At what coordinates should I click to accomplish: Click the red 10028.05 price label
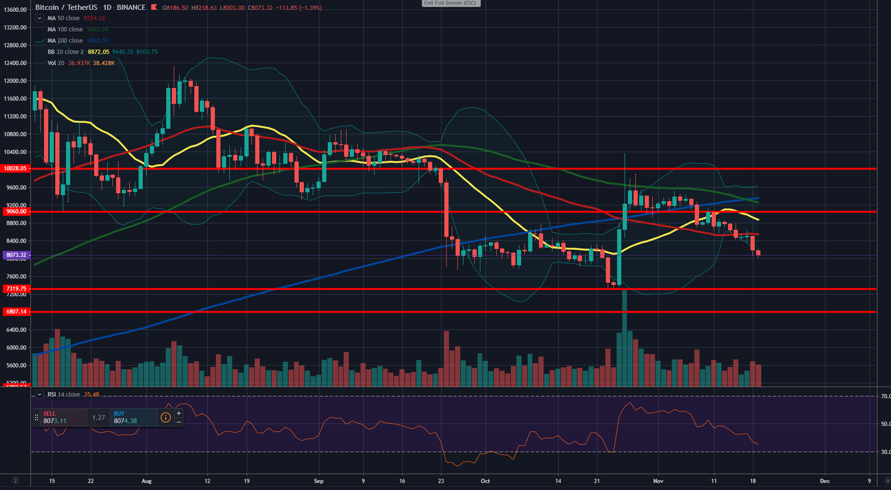16,168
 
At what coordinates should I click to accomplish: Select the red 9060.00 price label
16,212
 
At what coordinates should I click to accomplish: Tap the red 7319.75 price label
16,289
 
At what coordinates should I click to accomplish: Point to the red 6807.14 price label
16,312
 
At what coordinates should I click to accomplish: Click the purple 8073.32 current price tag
16,255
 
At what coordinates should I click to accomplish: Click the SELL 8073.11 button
60,417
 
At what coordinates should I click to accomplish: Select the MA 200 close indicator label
65,41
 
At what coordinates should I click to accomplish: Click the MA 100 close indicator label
65,29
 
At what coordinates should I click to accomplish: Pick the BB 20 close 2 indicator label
66,52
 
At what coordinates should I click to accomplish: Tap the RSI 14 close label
64,395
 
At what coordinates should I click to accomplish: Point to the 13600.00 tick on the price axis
15,10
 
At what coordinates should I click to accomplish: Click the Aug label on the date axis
147,481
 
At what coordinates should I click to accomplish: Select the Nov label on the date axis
658,481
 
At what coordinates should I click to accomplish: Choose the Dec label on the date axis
825,481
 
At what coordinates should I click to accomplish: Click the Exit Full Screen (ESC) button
450,3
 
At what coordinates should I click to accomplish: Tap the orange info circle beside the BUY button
166,417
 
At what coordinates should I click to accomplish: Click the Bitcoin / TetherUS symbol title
66,7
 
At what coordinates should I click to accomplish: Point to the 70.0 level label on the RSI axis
885,396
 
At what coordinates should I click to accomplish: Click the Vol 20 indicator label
56,63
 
